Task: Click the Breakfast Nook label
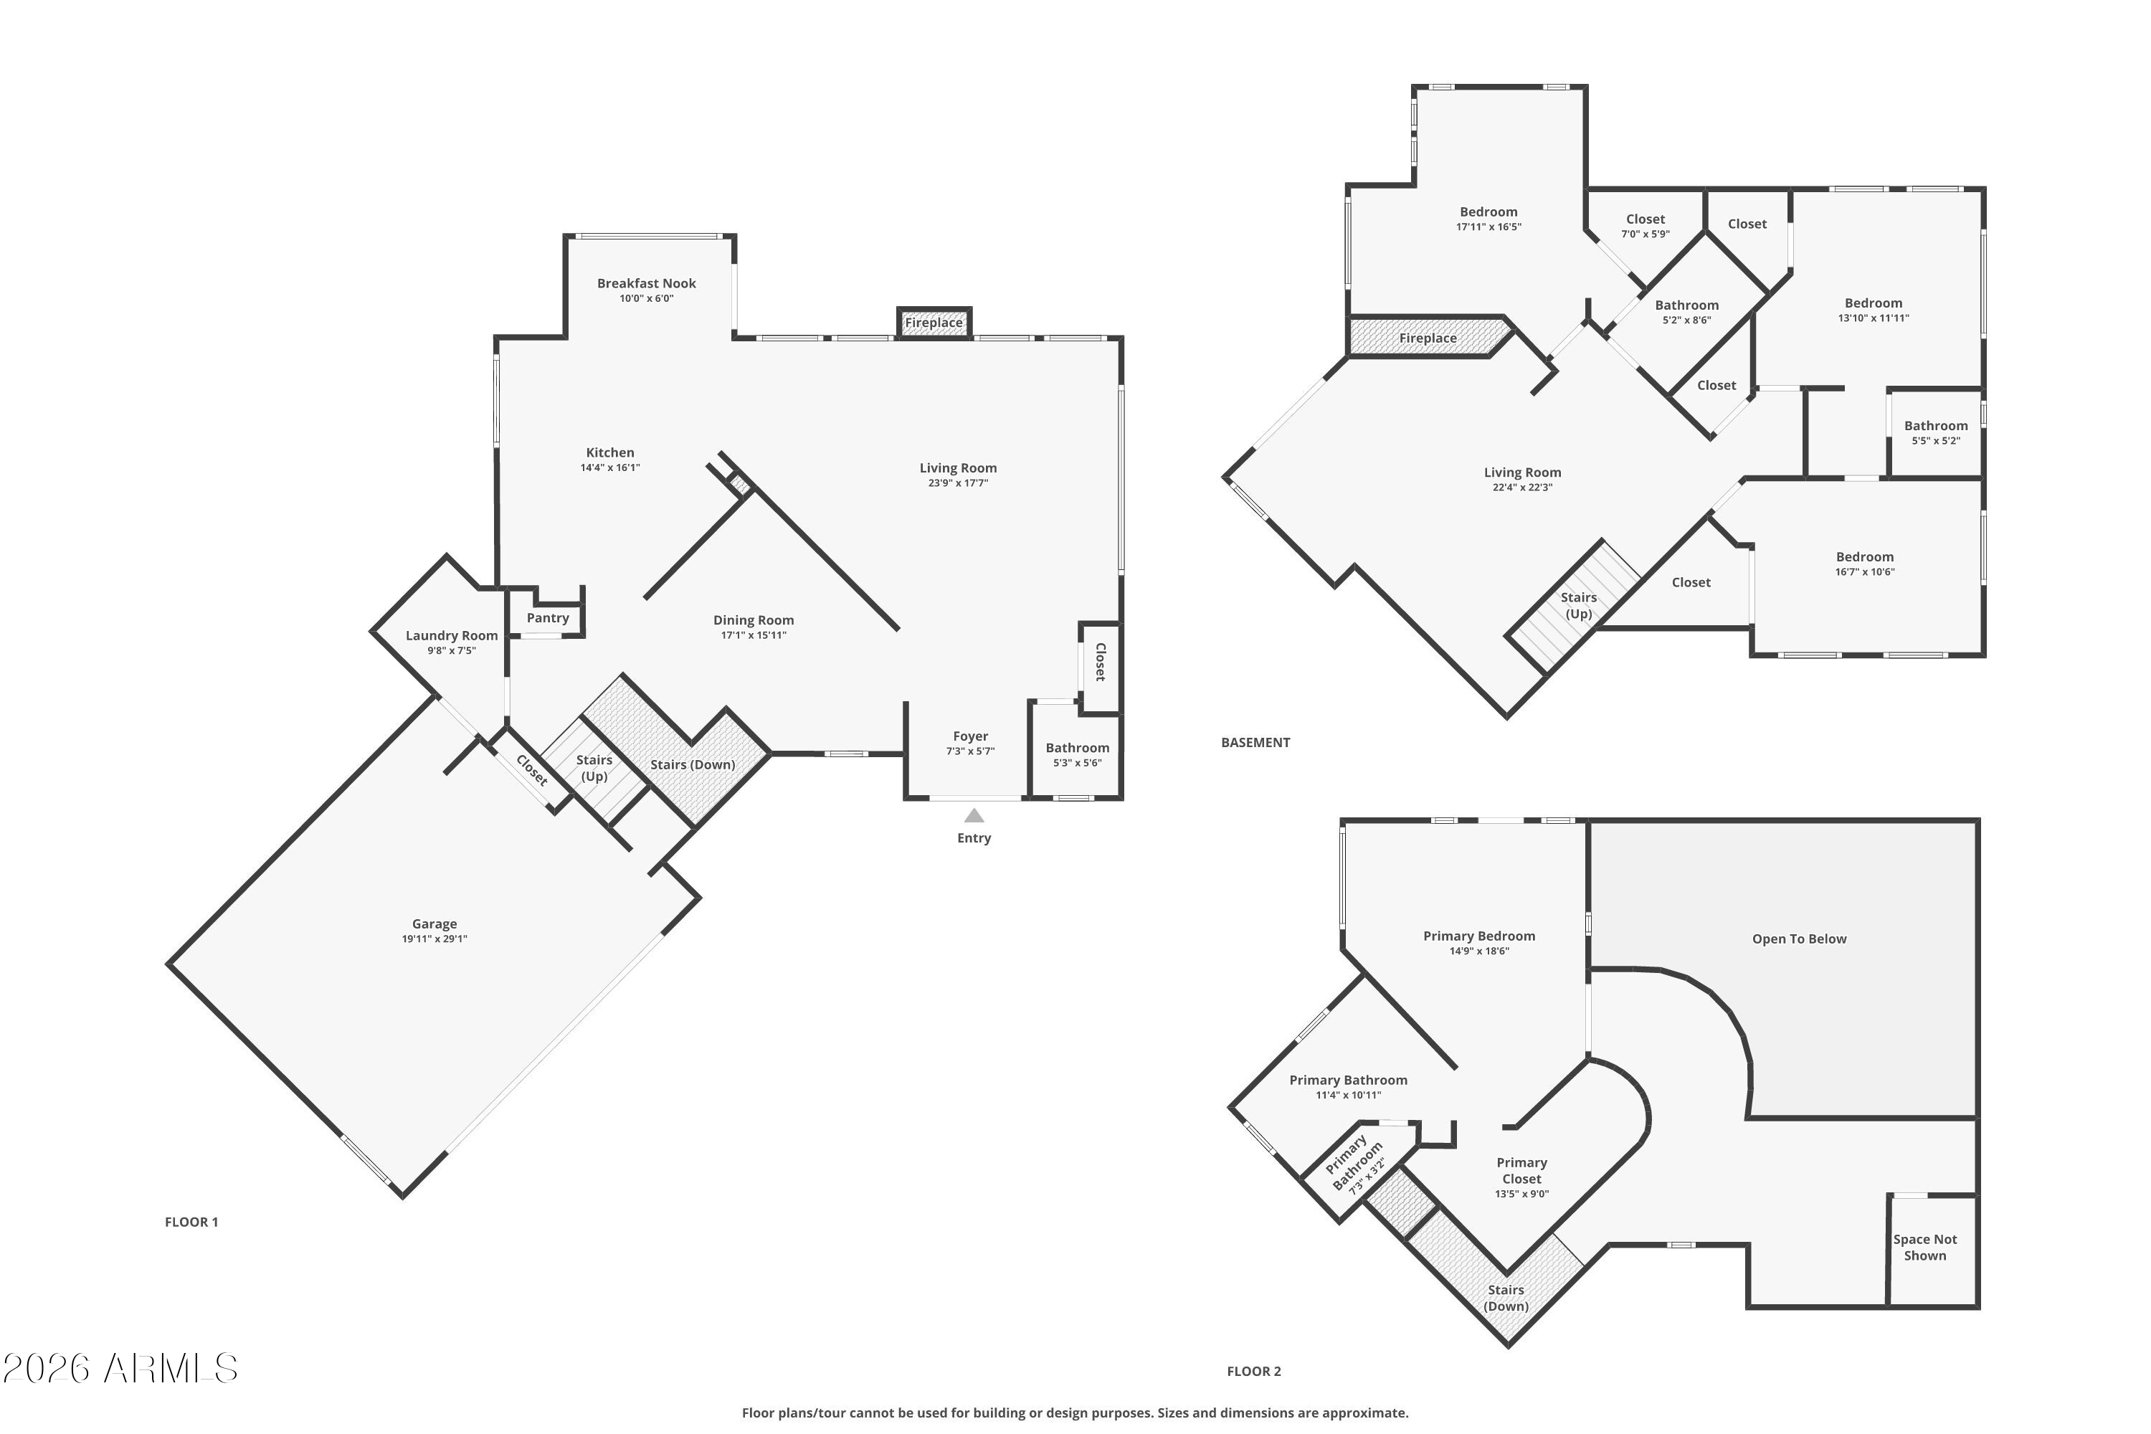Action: pos(647,283)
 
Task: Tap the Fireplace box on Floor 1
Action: pos(934,323)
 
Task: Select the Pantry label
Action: pos(548,618)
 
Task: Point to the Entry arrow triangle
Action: pos(974,815)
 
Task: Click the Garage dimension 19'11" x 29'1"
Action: pos(435,939)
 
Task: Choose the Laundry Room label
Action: pos(452,635)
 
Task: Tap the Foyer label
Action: pos(970,736)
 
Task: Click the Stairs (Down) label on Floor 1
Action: pos(693,764)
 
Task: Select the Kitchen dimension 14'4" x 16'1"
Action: pos(610,467)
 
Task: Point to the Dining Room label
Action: pos(754,620)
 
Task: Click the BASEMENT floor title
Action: pos(1255,743)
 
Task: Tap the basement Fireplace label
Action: pos(1428,338)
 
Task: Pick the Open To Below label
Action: pos(1799,939)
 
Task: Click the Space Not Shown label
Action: pos(1925,1248)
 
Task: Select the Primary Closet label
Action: pos(1521,1171)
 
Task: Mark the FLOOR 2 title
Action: pos(1254,1371)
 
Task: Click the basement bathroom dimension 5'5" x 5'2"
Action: pos(1936,441)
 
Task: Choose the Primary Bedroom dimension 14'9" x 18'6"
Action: pos(1478,951)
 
